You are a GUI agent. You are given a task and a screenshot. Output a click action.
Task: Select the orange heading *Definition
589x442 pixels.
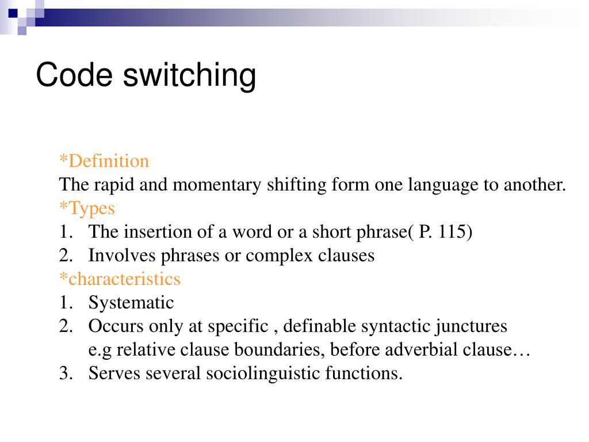point(104,161)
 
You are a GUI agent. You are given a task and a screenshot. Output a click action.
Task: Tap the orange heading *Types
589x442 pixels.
point(87,208)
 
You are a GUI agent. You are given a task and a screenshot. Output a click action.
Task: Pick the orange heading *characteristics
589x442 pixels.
point(120,279)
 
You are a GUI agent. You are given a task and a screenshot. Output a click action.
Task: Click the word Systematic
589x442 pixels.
point(131,303)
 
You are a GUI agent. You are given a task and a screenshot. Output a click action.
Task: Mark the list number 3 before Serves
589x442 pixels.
point(63,374)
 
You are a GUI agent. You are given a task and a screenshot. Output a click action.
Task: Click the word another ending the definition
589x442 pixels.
point(534,185)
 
